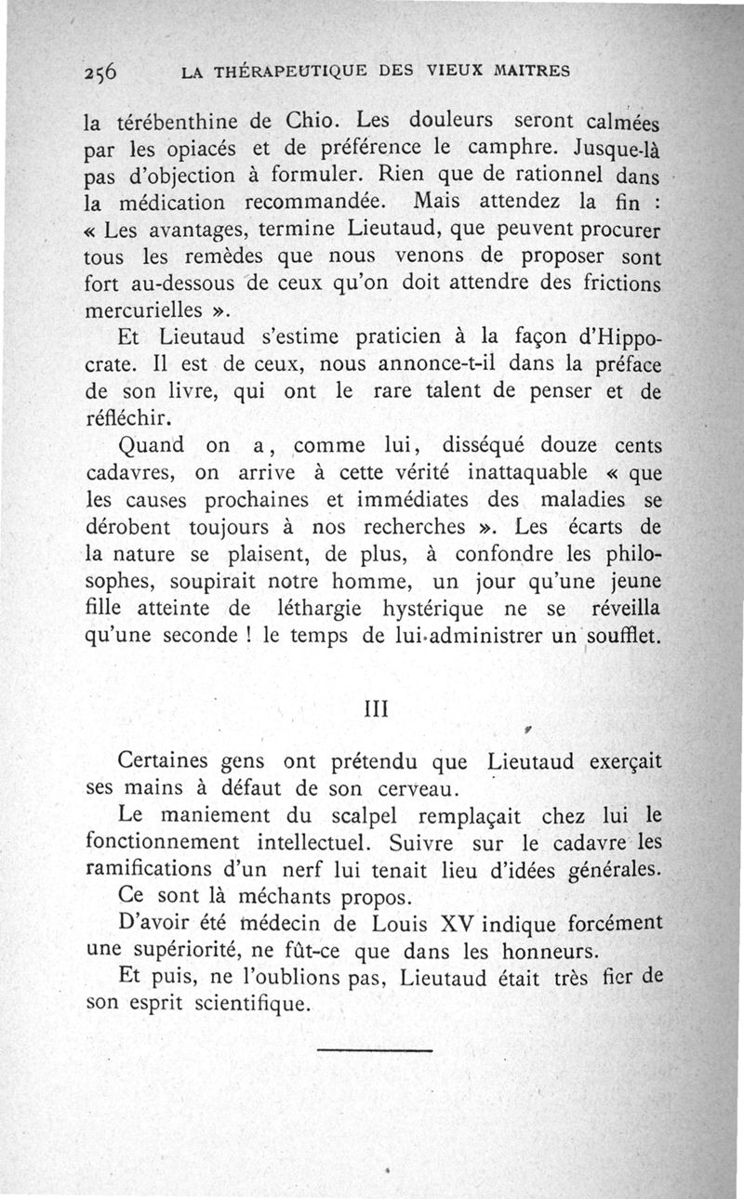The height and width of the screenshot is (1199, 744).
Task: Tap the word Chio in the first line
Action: click(x=316, y=120)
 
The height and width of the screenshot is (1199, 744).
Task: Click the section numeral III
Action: click(x=372, y=709)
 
